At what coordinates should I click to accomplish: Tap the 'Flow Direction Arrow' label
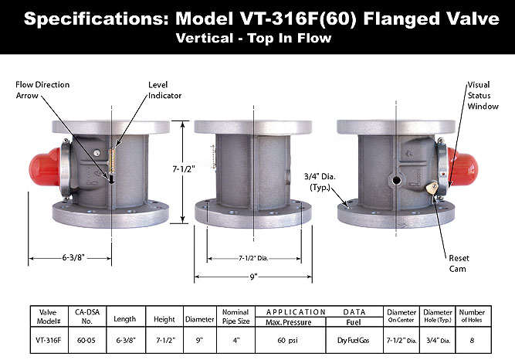(42, 90)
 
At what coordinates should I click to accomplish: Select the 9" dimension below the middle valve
(252, 275)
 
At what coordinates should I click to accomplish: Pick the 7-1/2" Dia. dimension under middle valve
(252, 258)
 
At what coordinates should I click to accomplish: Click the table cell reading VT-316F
(48, 338)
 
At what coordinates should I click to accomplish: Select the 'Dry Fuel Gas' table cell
(354, 338)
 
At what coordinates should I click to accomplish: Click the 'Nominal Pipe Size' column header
(235, 316)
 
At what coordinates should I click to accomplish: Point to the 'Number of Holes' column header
(476, 316)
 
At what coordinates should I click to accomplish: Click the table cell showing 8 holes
(476, 338)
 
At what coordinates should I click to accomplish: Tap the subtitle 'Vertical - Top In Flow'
(257, 37)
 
